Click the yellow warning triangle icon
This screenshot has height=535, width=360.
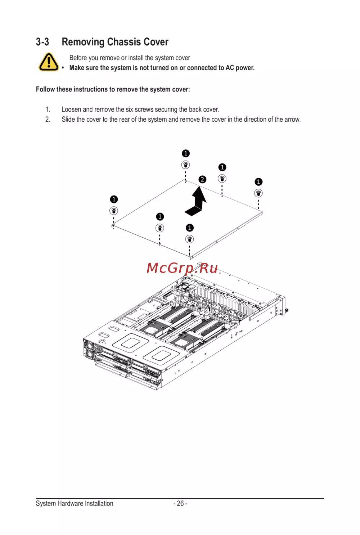click(49, 62)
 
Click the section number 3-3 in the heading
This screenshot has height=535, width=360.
click(42, 42)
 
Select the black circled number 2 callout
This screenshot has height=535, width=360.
click(202, 179)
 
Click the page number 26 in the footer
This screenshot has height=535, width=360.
click(180, 503)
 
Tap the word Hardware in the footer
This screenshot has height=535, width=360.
click(71, 503)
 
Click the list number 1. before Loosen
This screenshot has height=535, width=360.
click(48, 109)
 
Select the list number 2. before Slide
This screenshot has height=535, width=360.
click(48, 119)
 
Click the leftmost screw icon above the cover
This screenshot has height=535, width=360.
click(114, 211)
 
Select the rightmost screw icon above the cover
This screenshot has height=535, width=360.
click(258, 193)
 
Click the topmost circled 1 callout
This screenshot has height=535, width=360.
click(186, 153)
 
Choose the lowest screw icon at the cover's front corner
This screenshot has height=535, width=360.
click(190, 239)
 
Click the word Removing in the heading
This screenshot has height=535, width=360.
click(83, 42)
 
